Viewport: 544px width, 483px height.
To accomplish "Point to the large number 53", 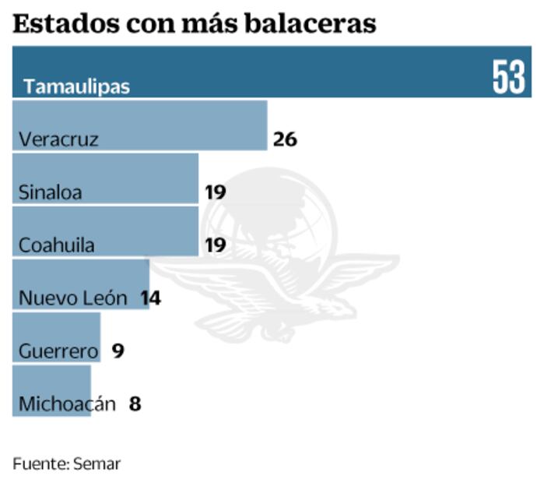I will click(x=509, y=77).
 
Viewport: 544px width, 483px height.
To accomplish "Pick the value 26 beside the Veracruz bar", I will click(x=286, y=140).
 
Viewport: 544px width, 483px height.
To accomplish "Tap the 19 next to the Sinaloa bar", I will click(x=215, y=192).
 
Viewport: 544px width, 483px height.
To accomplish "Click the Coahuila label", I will click(x=57, y=245).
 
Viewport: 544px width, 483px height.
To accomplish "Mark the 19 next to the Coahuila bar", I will click(x=215, y=245).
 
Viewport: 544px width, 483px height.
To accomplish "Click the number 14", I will click(x=150, y=298).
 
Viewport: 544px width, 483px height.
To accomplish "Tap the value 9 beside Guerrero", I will click(x=118, y=351).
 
